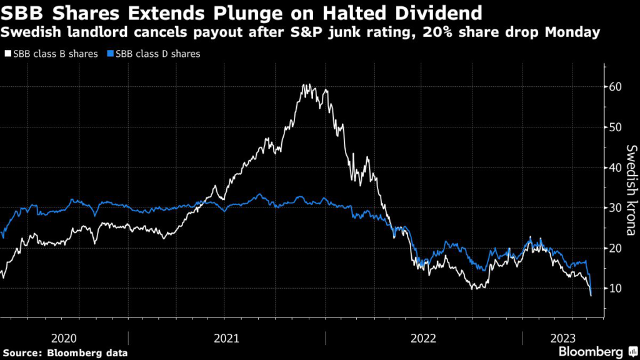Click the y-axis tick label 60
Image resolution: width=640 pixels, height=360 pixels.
tap(616, 86)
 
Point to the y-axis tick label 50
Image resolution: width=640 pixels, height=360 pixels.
tap(616, 127)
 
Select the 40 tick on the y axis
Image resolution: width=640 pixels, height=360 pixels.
tap(616, 167)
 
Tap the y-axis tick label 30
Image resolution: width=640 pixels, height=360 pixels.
tap(616, 207)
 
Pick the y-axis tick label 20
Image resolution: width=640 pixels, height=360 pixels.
tap(616, 248)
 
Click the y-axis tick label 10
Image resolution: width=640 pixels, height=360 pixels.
tap(616, 288)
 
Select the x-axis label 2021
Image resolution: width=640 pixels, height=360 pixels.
tap(226, 338)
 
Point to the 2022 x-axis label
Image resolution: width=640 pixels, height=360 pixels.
tap(424, 338)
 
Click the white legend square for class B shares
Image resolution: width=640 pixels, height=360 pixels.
tap(7, 54)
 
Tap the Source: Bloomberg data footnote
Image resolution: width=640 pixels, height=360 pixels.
tap(64, 353)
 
